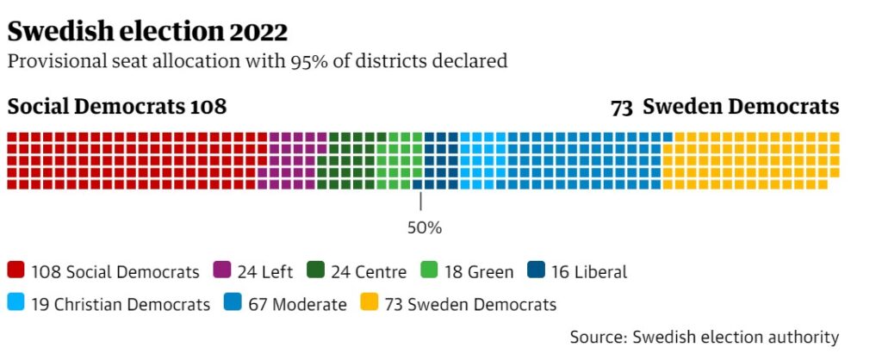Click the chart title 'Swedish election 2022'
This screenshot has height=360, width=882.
[147, 32]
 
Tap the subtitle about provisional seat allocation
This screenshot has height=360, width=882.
[257, 61]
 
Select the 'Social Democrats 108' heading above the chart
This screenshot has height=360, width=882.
[117, 107]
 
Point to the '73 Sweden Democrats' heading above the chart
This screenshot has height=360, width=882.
[724, 107]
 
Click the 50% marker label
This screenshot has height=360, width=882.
[424, 228]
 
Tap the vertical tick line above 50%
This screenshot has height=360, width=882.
[420, 202]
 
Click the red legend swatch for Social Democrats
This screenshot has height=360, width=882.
[16, 271]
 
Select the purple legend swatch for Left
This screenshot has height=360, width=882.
[221, 271]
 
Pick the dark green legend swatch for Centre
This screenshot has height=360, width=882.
[314, 271]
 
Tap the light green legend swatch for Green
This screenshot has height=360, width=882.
[428, 271]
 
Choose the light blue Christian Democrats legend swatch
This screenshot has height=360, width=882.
[16, 303]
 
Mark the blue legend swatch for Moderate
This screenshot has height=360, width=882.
[232, 303]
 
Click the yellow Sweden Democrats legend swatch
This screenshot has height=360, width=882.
[368, 303]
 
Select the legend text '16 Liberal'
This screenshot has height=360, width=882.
[589, 272]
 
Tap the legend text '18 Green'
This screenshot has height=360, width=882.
[479, 272]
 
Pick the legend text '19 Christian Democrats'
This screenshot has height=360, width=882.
[121, 304]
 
